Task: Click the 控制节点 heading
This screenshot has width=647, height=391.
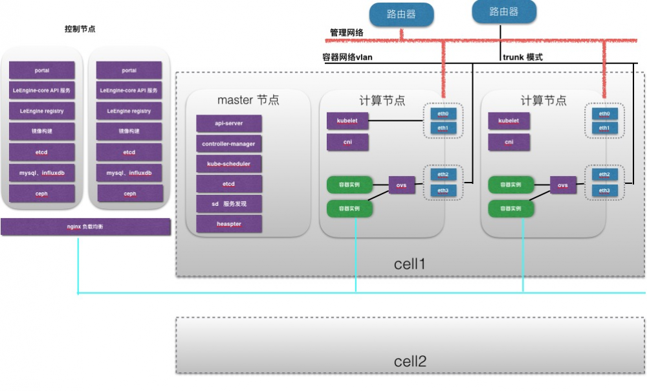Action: pyautogui.click(x=80, y=30)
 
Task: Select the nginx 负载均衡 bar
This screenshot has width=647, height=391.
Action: pyautogui.click(x=85, y=227)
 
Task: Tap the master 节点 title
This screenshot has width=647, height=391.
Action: pyautogui.click(x=248, y=100)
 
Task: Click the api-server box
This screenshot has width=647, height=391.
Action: pyautogui.click(x=229, y=123)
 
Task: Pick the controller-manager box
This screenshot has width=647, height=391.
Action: pyautogui.click(x=229, y=144)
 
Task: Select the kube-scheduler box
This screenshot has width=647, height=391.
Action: pyautogui.click(x=229, y=164)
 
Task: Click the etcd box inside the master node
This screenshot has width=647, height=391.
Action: pyautogui.click(x=229, y=184)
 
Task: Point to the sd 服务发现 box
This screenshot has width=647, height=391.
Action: pyautogui.click(x=229, y=204)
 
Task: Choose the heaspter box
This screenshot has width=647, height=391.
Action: pyautogui.click(x=229, y=224)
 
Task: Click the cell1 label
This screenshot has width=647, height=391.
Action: pyautogui.click(x=410, y=264)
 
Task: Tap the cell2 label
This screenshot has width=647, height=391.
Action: pyautogui.click(x=410, y=361)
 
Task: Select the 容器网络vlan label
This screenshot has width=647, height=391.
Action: pyautogui.click(x=347, y=57)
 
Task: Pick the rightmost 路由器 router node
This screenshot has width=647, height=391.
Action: pyautogui.click(x=504, y=12)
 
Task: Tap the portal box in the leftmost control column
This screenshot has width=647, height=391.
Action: pyautogui.click(x=42, y=70)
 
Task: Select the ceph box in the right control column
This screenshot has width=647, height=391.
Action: pyautogui.click(x=129, y=194)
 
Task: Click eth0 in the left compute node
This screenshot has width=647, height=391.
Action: pyautogui.click(x=442, y=113)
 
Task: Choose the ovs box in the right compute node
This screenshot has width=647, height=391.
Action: pyautogui.click(x=563, y=185)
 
